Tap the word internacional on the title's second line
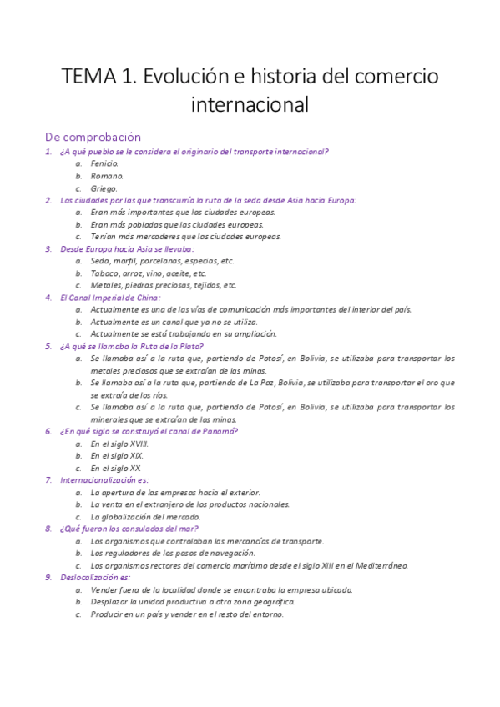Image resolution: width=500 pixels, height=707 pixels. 250,107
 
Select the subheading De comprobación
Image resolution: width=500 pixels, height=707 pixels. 93,137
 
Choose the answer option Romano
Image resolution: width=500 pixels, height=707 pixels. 107,176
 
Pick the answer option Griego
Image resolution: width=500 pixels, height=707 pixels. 104,188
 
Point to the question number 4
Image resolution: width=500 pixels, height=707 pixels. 48,297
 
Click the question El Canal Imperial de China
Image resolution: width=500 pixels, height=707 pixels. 110,297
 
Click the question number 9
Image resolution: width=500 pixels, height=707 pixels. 48,577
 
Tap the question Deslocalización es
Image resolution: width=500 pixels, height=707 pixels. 95,577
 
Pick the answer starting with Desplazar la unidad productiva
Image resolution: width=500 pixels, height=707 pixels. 192,601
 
